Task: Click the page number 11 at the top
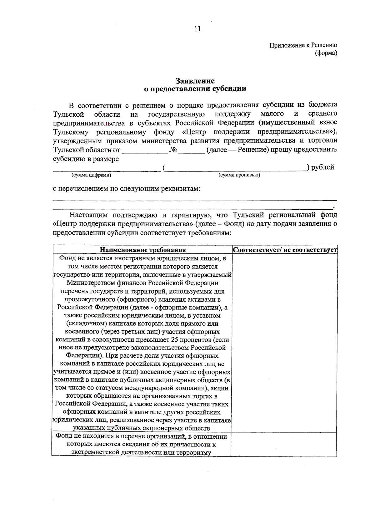(x=197, y=29)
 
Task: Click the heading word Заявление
(x=195, y=81)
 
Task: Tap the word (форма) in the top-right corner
(x=326, y=53)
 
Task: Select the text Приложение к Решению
(x=303, y=45)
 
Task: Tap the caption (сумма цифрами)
(x=91, y=175)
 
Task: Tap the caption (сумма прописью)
(x=239, y=175)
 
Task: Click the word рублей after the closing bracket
(x=322, y=167)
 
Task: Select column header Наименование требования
(x=142, y=250)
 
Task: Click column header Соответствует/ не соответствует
(x=284, y=250)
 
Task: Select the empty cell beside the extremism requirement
(x=284, y=444)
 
